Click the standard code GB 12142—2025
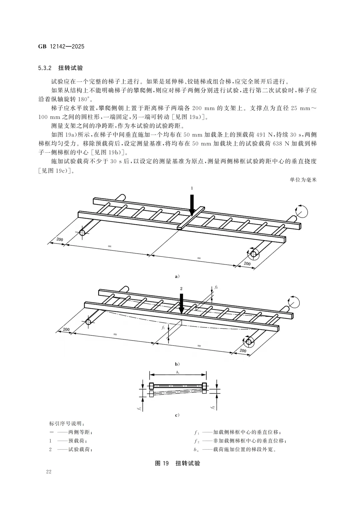pos(61,46)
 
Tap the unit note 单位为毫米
pos(303,180)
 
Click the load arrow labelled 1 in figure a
pos(192,205)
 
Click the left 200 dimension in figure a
pos(59,239)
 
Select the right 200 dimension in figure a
pos(247,263)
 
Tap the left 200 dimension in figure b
pos(66,329)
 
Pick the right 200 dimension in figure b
pos(243,351)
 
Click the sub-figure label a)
pos(177,276)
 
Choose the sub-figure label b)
pos(177,363)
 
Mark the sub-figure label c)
pos(177,415)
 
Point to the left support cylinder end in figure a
pos(82,232)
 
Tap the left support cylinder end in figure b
pos(88,322)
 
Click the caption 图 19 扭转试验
pos(177,463)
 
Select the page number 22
pos(49,472)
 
